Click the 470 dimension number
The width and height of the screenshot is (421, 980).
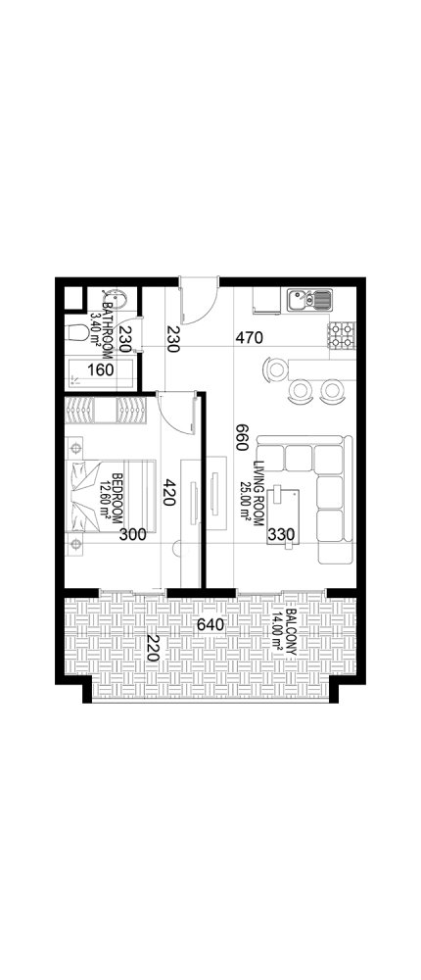point(252,340)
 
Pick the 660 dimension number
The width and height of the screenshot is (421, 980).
point(238,437)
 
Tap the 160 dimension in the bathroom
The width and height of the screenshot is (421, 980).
point(101,371)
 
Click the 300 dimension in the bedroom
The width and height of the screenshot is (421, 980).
point(134,535)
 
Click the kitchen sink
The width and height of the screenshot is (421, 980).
point(308,298)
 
